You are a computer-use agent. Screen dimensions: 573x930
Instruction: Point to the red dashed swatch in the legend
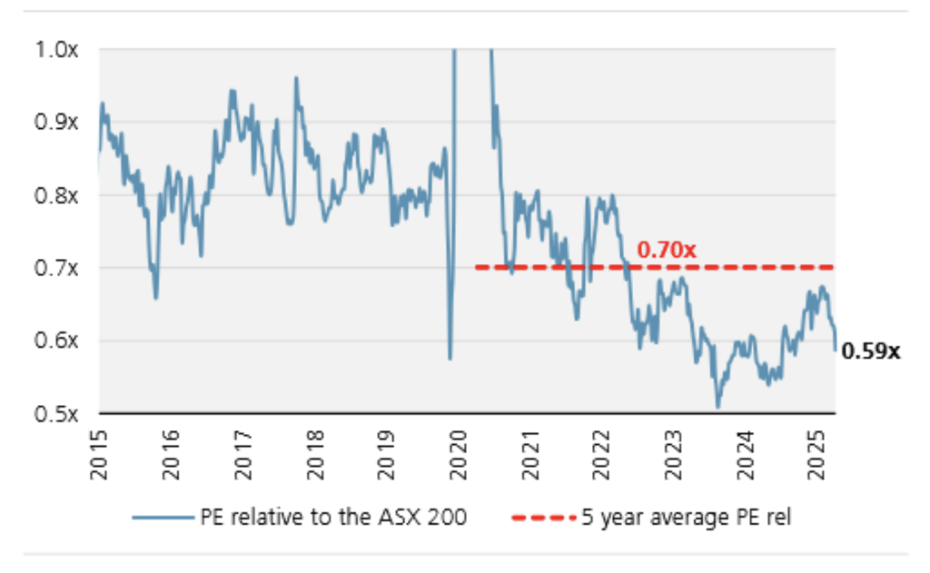tap(542, 518)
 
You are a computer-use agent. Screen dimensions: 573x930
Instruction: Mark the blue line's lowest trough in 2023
tap(717, 407)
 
